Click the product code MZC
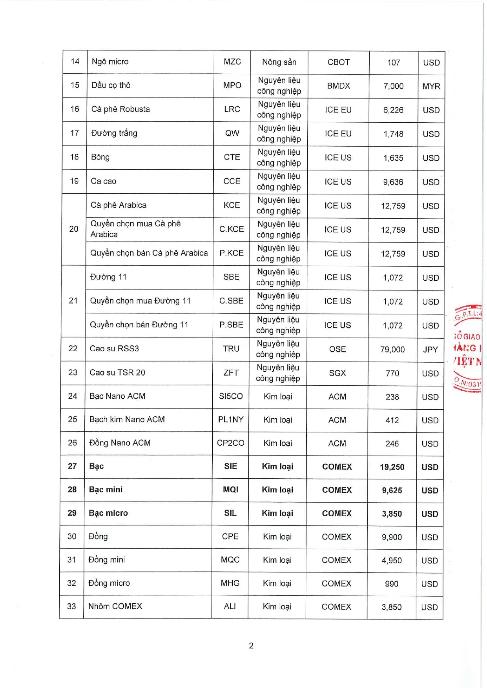232,62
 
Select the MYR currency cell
431,86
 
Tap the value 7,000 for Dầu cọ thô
393,86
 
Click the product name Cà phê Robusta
120,109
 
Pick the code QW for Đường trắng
232,133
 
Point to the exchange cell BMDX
338,86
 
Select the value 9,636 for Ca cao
393,182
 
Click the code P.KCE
232,253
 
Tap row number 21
73,301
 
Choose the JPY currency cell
430,349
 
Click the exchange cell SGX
337,373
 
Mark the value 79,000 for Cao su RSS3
392,349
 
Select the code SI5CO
231,396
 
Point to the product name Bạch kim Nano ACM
127,419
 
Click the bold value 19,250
392,467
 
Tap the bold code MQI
230,490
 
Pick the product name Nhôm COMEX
115,606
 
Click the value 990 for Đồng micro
392,584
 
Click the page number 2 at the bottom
251,646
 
